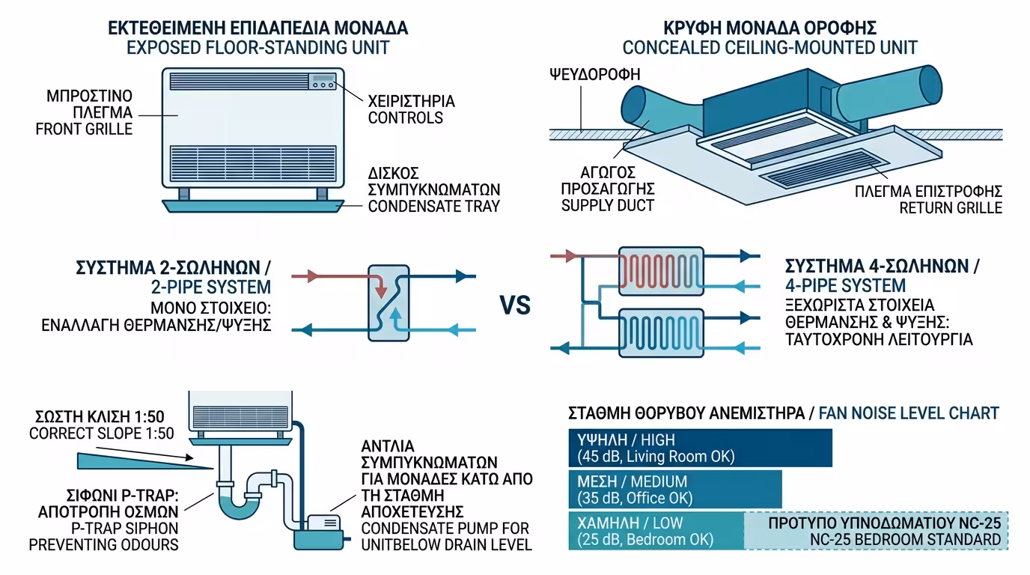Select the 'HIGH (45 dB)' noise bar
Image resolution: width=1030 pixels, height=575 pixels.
(x=699, y=448)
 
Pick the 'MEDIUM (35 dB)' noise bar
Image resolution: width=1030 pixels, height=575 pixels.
(x=674, y=490)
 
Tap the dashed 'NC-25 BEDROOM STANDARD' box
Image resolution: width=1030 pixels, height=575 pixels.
(x=877, y=531)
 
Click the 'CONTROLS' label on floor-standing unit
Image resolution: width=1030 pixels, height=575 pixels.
(x=405, y=118)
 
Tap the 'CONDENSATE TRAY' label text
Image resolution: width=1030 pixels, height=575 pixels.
(x=433, y=207)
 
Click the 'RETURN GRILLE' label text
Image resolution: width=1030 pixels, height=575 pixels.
(x=951, y=207)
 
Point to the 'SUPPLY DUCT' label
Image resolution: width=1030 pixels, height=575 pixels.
(x=608, y=204)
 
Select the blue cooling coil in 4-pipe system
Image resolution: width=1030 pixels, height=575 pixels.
(x=661, y=330)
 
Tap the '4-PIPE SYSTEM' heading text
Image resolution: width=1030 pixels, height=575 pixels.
(x=844, y=285)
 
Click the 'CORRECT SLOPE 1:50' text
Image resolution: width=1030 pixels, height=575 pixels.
(x=101, y=433)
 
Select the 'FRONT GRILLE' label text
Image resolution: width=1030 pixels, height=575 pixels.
(x=84, y=128)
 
